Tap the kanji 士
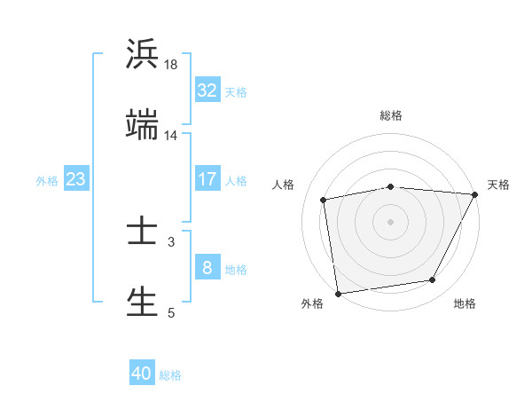(142, 232)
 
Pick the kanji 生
(142, 301)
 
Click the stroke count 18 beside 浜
(171, 66)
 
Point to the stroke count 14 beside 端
(171, 136)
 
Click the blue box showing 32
(207, 90)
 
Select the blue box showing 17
(207, 179)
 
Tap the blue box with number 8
(207, 268)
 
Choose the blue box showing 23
(76, 179)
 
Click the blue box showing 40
(142, 374)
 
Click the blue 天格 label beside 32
(236, 91)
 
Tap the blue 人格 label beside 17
(236, 180)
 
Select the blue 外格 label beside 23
(47, 180)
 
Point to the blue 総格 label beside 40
(170, 374)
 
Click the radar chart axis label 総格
(391, 115)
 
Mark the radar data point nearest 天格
(474, 194)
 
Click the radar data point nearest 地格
(433, 280)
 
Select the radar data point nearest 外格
(338, 293)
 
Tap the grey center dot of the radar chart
(391, 221)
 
